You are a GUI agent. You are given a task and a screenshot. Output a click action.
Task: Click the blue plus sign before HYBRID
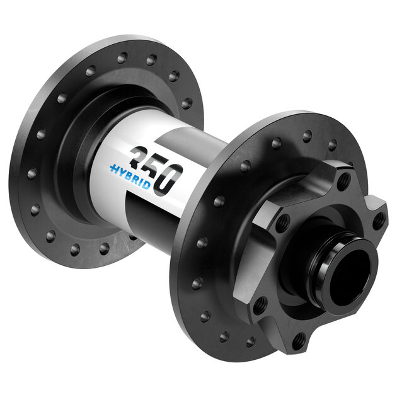point(114,168)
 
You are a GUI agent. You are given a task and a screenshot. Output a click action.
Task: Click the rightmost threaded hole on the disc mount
point(378,221)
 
